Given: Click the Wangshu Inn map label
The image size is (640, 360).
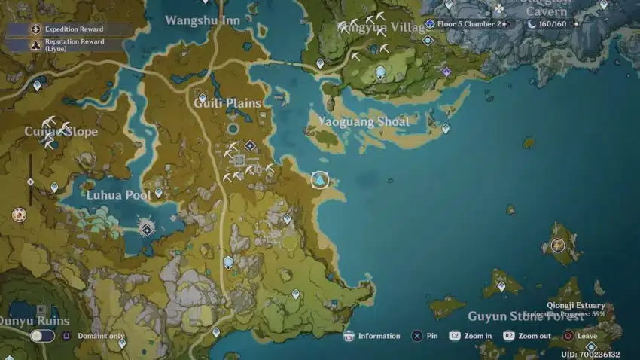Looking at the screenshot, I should [x=203, y=20].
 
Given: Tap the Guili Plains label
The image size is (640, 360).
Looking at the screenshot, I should [x=227, y=103].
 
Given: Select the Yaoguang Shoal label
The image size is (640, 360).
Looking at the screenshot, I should [x=364, y=121].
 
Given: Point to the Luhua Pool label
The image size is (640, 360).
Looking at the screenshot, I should [x=118, y=195].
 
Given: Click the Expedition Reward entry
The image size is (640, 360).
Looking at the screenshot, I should [x=74, y=29].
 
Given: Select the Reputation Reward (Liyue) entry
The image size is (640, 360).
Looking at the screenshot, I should [x=74, y=44].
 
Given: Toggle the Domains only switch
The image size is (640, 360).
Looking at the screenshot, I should [x=42, y=336].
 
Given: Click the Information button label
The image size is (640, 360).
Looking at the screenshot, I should [x=379, y=336].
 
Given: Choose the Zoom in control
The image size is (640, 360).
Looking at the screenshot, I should [x=478, y=336].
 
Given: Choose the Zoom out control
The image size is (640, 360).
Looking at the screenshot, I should [x=534, y=336].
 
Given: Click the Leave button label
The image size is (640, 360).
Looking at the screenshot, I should [x=587, y=336].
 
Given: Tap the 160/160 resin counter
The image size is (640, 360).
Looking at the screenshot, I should [x=552, y=24].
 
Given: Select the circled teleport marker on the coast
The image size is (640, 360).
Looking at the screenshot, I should [x=321, y=180].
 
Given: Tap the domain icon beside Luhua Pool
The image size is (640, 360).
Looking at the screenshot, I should [x=148, y=229].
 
